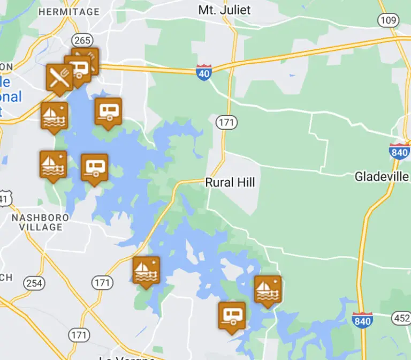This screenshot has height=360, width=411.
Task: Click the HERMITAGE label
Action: coord(70,12)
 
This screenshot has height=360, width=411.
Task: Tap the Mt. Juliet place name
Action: coord(224,10)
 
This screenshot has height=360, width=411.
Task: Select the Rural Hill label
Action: coord(230,183)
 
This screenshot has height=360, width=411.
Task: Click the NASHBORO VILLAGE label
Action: coord(41,222)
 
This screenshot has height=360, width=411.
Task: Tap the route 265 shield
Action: coord(83,40)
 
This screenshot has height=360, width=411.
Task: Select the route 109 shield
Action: coord(389,21)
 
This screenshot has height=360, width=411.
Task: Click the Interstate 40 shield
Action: coord(204,73)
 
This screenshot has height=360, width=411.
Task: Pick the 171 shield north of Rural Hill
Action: coord(226,123)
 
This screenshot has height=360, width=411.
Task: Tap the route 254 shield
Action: coord(35,283)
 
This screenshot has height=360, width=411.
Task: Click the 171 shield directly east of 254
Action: coord(102,282)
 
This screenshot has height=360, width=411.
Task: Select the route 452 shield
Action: coord(402,318)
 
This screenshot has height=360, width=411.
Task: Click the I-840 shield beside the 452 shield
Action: coord(362,320)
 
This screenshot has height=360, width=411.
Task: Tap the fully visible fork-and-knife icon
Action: coord(59,77)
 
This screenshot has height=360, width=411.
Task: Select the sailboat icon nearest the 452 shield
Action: coord(268,289)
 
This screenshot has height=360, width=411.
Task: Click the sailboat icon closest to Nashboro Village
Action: coord(54,164)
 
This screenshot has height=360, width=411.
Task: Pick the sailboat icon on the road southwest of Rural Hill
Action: coord(146,271)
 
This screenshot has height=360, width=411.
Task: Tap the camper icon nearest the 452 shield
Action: coord(232,316)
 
